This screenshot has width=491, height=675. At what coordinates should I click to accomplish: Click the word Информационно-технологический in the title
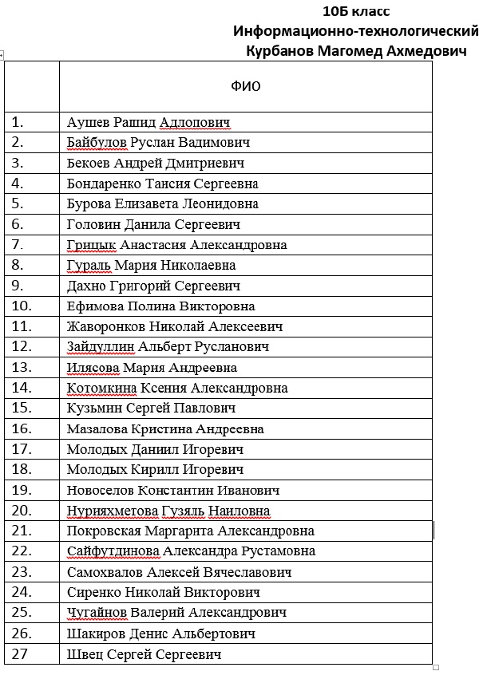click(355, 31)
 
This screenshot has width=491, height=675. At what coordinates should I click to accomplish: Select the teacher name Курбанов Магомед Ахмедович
click(357, 51)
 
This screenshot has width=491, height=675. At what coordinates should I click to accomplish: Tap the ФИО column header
click(246, 85)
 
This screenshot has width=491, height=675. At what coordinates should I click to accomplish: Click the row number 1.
click(18, 122)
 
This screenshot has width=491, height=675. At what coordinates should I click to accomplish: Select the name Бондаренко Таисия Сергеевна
click(163, 184)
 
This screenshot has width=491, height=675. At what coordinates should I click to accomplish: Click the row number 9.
click(18, 286)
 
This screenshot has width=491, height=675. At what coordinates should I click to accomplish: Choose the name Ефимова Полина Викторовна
click(161, 306)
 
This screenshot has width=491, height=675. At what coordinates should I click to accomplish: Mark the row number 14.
click(22, 388)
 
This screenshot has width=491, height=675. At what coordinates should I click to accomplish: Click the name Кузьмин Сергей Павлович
click(152, 409)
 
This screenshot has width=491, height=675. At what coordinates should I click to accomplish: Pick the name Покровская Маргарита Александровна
click(191, 531)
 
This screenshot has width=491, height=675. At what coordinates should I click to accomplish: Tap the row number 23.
click(22, 572)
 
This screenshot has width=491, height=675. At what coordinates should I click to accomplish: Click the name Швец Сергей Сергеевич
click(145, 654)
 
